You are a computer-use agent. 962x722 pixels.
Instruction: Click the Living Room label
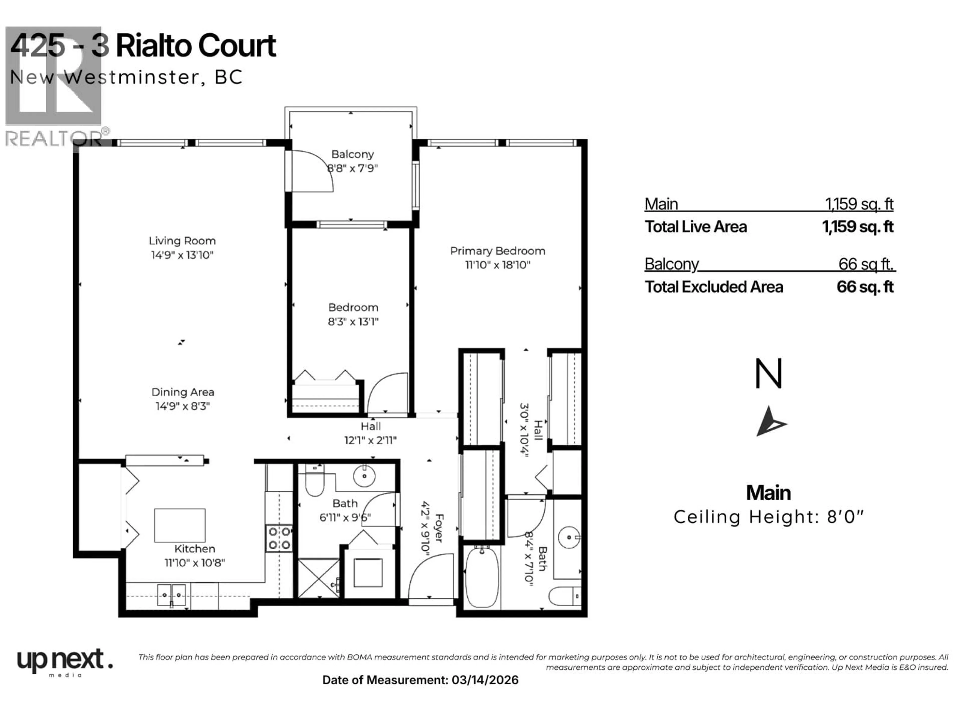coord(182,241)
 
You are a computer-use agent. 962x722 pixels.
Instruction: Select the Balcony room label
coord(352,154)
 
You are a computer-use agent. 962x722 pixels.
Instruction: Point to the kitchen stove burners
coord(279,538)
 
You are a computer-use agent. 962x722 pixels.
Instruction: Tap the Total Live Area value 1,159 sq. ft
coord(857,227)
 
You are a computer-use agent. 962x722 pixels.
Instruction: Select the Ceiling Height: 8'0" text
coord(768,517)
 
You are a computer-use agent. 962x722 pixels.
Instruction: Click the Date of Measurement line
coord(420,680)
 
